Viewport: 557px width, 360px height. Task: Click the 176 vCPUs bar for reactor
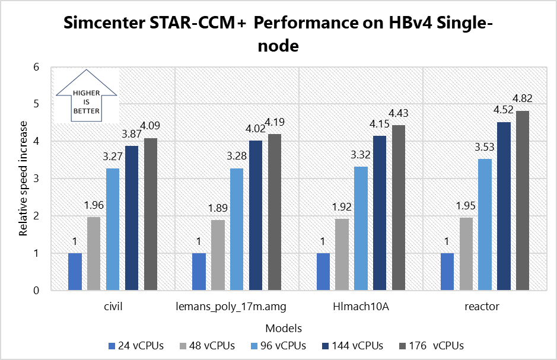point(522,200)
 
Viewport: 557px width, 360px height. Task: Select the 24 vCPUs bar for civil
point(75,272)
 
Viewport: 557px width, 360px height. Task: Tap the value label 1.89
point(218,209)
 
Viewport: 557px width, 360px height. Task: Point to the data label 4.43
point(399,113)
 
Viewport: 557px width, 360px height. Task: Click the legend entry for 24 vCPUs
point(136,345)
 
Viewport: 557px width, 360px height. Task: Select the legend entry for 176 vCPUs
point(430,345)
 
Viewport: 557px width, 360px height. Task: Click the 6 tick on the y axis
point(36,67)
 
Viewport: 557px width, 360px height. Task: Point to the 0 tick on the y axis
point(36,291)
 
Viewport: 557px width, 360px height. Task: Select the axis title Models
point(284,328)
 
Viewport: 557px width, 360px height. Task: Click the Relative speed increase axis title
point(24,179)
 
